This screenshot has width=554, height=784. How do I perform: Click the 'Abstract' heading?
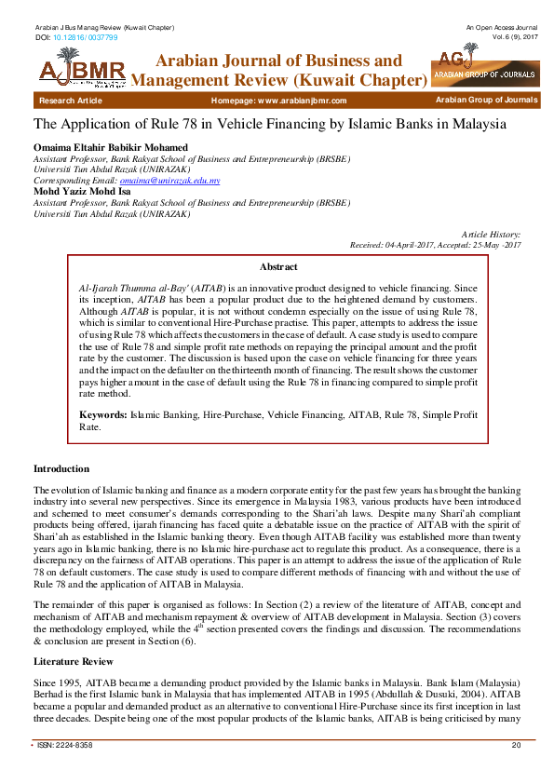coord(277,265)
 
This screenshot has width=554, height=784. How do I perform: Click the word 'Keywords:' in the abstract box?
coord(102,412)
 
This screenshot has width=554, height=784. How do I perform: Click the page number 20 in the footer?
coord(516,746)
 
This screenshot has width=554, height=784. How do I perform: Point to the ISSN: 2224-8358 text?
coord(65,746)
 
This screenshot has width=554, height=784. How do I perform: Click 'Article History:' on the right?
coord(491,235)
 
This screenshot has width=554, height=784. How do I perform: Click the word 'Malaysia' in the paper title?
coord(486,124)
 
